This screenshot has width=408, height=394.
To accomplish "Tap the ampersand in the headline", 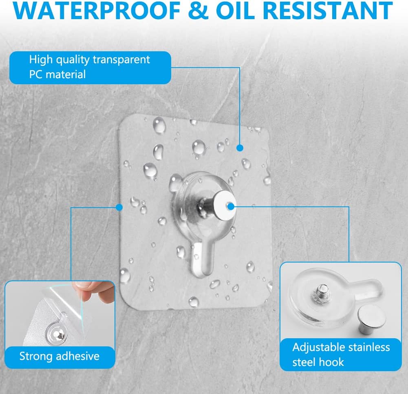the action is pos(198,11).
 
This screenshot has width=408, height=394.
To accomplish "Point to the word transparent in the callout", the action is pos(121,60).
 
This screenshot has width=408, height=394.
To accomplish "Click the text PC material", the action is pos(57,74).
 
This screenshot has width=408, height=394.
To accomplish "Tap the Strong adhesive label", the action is pos(60,356).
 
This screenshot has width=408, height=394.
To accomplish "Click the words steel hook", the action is pos(318,362).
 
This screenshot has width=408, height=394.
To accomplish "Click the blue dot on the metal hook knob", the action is pos(231,207).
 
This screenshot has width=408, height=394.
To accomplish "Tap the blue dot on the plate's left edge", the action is pos(119,207).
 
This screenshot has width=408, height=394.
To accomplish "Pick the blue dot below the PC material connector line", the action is pos(240,148).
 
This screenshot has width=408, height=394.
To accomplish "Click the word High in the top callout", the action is pos(41,60).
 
